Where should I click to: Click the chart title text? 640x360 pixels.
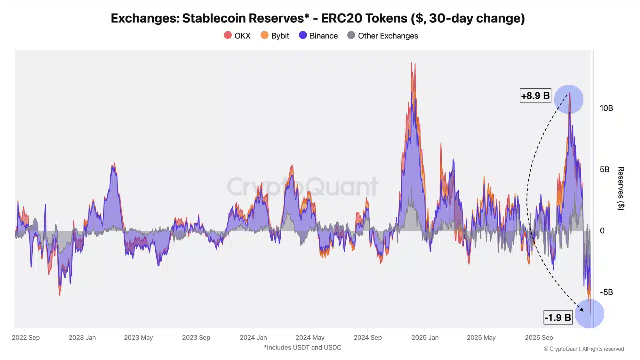tap(318, 19)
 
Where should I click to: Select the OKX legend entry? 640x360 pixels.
tap(237, 36)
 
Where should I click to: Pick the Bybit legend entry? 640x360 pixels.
tap(275, 36)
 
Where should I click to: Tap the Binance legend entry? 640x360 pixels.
tap(318, 36)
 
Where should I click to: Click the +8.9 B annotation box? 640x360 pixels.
tap(535, 96)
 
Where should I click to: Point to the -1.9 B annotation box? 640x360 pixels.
tap(558, 317)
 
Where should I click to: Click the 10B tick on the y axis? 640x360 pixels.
tap(606, 108)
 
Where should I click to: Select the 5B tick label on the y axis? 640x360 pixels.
tap(605, 170)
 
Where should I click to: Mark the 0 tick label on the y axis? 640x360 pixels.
tap(602, 231)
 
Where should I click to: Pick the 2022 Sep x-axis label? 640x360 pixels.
tap(26, 338)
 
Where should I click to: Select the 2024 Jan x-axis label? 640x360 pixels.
tap(253, 338)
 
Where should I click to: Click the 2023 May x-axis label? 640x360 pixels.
tap(138, 338)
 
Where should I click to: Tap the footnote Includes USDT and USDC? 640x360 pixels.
tap(302, 347)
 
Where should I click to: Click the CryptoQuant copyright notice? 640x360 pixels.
tap(584, 349)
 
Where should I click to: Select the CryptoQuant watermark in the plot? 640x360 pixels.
tap(302, 187)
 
